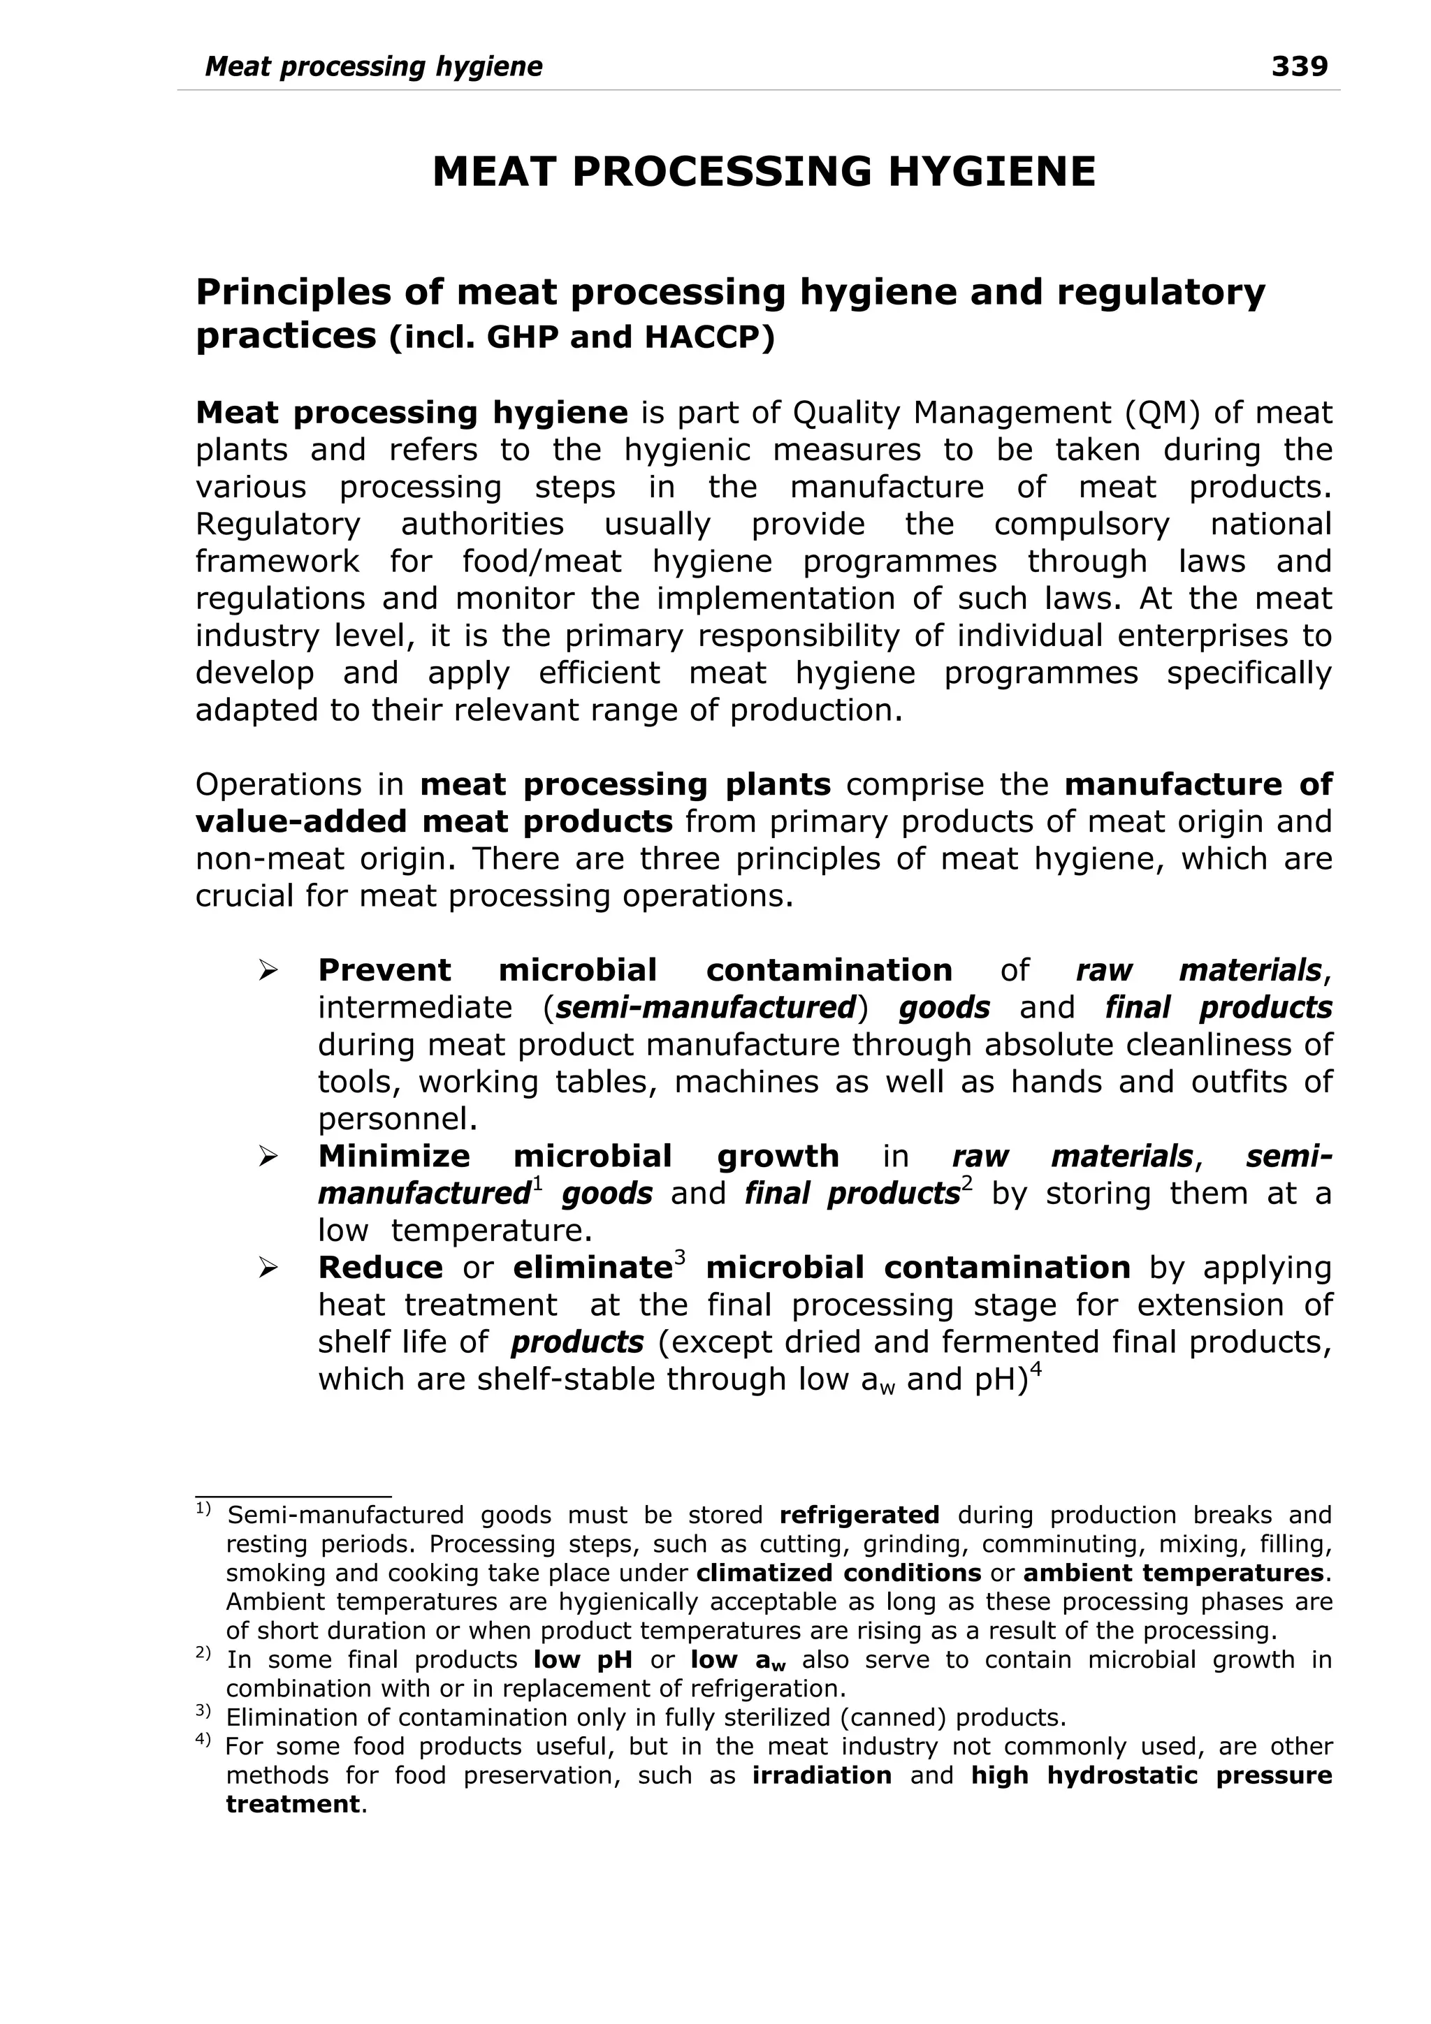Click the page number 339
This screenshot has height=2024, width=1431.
pos(1299,66)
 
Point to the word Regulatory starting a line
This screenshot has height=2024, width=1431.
pos(277,525)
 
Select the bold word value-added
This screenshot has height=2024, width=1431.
pos(300,821)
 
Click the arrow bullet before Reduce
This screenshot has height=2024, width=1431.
pos(268,1268)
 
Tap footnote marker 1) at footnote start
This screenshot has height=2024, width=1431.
pos(203,1509)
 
